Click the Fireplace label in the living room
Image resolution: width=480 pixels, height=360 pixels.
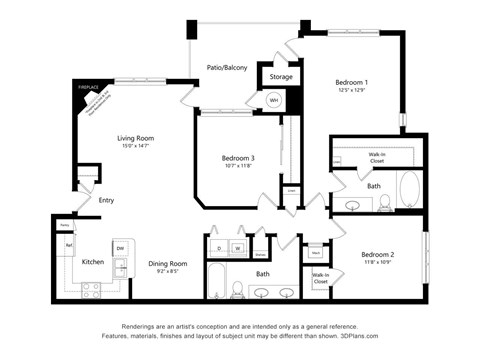tap(89, 88)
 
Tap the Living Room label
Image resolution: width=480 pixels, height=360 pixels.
tap(140, 139)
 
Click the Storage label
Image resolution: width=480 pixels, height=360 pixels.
tap(281, 76)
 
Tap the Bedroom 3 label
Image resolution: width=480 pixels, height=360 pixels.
tap(237, 157)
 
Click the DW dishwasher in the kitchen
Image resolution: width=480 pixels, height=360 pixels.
tap(120, 247)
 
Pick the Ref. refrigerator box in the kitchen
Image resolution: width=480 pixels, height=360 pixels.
tap(69, 243)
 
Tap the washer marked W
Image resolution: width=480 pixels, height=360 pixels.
tap(238, 247)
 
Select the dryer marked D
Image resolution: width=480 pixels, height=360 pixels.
tap(218, 247)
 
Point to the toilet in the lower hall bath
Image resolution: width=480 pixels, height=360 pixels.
tap(238, 291)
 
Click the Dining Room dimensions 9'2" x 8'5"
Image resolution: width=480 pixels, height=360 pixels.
tap(168, 271)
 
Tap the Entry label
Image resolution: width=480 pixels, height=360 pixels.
tap(106, 200)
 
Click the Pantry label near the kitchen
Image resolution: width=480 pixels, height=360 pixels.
tap(62, 224)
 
